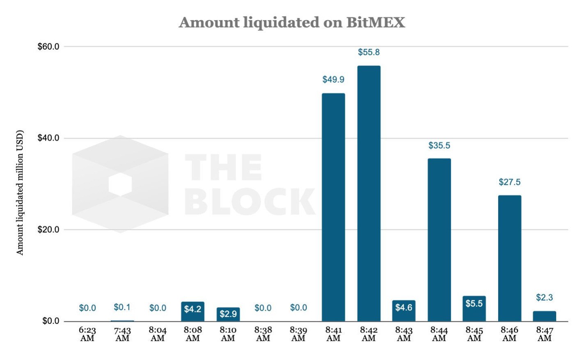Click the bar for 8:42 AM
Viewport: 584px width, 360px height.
(x=369, y=193)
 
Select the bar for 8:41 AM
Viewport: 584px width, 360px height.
(x=333, y=207)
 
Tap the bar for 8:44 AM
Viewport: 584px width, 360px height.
(x=439, y=240)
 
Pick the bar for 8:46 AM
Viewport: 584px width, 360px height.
(x=509, y=258)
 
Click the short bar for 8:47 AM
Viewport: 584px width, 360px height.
(x=544, y=316)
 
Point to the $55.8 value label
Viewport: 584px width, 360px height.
(x=369, y=52)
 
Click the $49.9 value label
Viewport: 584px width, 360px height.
(x=333, y=80)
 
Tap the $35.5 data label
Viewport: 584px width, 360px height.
(x=439, y=145)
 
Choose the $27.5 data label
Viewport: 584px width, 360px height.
(x=509, y=182)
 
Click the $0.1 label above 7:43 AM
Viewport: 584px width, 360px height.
(x=122, y=307)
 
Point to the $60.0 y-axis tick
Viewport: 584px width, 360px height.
(x=48, y=46)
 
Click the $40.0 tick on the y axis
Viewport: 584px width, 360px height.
(x=48, y=138)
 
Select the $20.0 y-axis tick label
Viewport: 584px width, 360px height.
(x=48, y=229)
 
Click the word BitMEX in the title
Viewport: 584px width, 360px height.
(x=376, y=22)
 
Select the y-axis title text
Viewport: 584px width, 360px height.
(x=20, y=193)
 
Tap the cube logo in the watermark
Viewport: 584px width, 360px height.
(x=120, y=184)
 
